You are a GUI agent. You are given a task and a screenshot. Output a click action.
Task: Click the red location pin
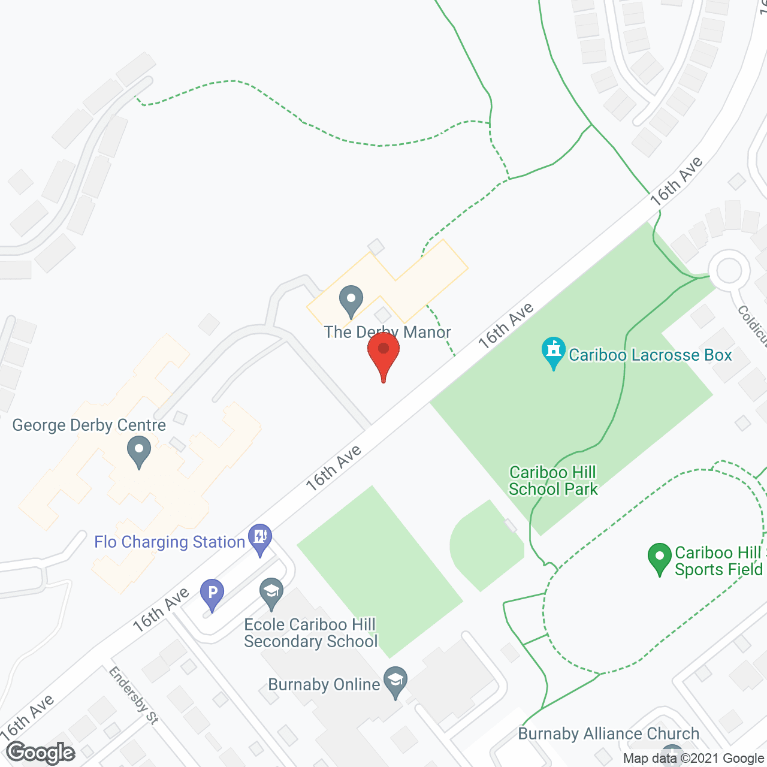coord(383,354)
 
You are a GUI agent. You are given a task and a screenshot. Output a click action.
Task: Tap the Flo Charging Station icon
coord(260,537)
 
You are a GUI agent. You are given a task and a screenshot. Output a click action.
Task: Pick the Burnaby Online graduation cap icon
coord(395,681)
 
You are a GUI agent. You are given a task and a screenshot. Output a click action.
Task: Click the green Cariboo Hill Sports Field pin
coord(660,557)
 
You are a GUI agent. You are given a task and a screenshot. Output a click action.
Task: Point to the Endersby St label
coord(134,696)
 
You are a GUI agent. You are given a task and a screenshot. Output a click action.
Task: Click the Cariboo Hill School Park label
coord(553,481)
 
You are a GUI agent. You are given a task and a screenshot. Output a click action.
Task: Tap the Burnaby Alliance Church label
coord(609,733)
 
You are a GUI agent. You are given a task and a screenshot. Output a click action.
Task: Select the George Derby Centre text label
coord(89,425)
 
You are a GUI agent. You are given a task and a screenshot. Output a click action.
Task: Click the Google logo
coord(41,753)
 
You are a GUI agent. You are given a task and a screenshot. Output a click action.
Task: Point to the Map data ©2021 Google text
coord(693,759)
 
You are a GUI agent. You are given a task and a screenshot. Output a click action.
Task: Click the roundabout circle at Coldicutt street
coord(729,270)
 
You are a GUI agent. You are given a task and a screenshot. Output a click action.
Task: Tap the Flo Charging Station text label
coord(170,542)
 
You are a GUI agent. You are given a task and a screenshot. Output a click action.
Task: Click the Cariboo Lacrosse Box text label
coord(650,355)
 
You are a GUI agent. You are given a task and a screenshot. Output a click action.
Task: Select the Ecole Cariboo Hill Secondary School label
coord(310,633)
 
